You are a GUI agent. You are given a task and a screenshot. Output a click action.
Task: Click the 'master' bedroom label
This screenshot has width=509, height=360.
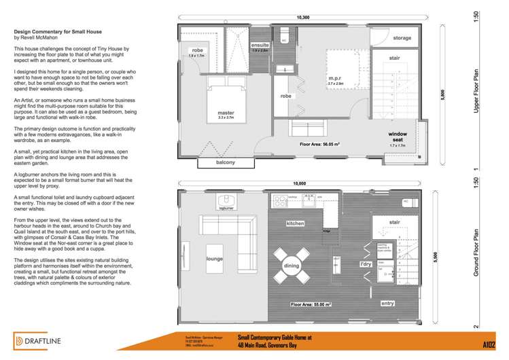(226, 113)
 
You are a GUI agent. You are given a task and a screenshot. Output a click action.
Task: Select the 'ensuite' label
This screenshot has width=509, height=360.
(260, 45)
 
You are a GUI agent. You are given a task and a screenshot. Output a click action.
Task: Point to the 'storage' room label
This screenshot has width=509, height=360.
(402, 38)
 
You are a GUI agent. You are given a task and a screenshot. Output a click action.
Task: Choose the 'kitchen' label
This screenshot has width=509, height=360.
(294, 223)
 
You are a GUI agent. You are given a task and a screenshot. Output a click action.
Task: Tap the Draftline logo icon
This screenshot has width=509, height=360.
(21, 340)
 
